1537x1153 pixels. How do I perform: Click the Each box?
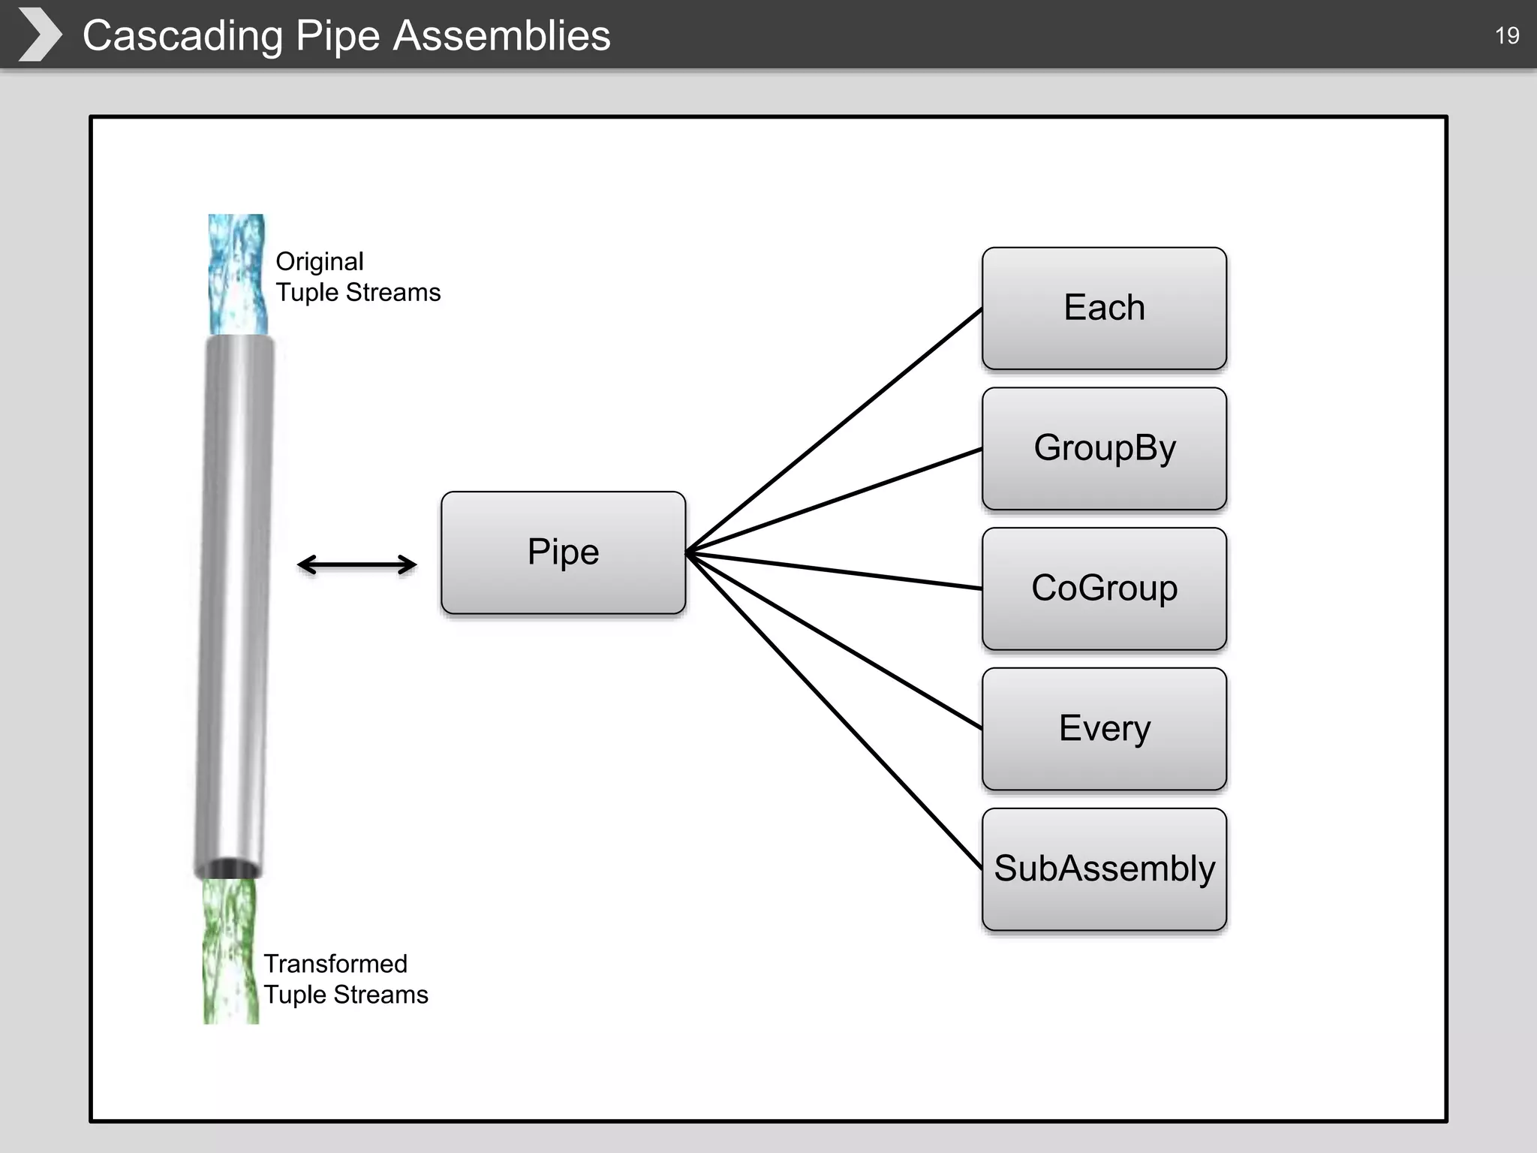1104,308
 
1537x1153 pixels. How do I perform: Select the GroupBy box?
1104,448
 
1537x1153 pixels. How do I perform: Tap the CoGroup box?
1104,589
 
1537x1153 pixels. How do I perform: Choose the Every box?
1104,728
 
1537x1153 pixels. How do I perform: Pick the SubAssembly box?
1104,869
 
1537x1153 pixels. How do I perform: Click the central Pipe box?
563,552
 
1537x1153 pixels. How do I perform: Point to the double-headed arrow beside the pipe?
357,564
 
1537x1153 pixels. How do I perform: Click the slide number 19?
1506,35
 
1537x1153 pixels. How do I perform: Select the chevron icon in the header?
40,35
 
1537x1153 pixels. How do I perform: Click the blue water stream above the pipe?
237,275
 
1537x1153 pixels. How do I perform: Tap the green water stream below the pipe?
230,950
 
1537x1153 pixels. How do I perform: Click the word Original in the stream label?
319,261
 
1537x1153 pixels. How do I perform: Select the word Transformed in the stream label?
335,963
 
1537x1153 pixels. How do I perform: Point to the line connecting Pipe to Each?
833,432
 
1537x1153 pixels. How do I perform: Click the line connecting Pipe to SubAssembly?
833,710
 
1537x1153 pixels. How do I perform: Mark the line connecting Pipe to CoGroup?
833,571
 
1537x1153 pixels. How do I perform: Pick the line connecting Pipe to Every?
833,640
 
